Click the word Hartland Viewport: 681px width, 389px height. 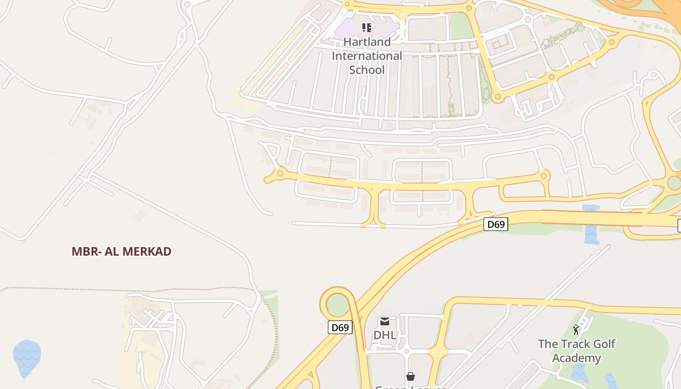pos(367,42)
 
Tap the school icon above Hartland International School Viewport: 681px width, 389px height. pos(367,28)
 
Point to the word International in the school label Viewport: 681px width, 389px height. pos(367,56)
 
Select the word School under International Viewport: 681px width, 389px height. pos(367,70)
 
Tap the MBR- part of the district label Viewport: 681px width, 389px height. pos(86,251)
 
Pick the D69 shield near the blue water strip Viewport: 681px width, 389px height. pos(496,224)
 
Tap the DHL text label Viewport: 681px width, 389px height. pos(385,335)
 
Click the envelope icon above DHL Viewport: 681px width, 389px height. pos(385,321)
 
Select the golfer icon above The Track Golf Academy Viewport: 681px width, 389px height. pos(576,330)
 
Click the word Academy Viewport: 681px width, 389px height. pos(576,358)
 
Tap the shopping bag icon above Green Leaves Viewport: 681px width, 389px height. pos(411,376)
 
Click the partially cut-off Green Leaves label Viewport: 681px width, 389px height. pos(411,387)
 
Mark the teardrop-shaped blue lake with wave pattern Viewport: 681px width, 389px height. pos(26,357)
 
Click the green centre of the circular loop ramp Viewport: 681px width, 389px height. pos(338,305)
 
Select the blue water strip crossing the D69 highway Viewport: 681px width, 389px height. pos(591,226)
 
